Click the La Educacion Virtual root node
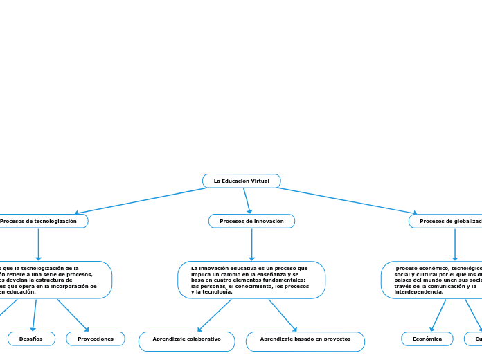click(241, 181)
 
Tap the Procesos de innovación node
click(251, 221)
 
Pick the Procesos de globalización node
click(447, 221)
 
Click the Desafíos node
click(31, 339)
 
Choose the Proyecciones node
click(96, 339)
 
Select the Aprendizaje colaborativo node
click(186, 339)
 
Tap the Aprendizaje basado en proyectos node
click(305, 339)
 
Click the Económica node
click(427, 339)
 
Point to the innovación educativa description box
click(251, 280)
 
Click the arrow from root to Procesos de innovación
click(247, 201)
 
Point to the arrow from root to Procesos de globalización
click(346, 201)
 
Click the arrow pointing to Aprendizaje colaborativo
click(215, 315)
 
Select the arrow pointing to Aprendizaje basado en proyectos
click(283, 315)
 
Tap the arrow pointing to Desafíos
click(33, 315)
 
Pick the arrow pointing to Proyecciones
click(73, 315)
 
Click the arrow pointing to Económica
click(438, 315)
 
